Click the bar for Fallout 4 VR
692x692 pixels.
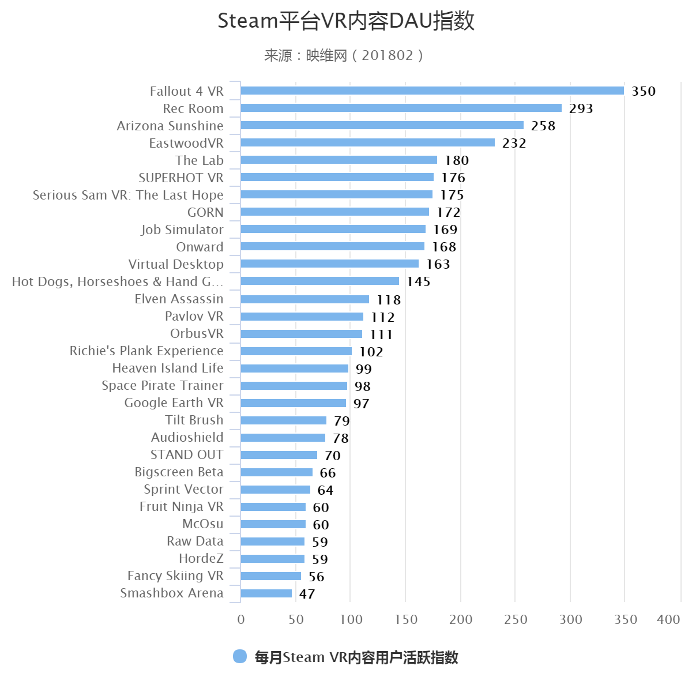432,91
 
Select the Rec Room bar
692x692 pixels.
401,108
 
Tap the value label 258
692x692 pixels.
543,126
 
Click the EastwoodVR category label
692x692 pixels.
186,143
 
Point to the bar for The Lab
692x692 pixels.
339,160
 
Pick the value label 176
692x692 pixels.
453,178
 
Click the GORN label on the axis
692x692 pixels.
205,212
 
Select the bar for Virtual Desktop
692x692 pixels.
329,264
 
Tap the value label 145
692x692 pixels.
418,281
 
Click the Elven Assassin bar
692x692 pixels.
304,299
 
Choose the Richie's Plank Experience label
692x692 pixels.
146,351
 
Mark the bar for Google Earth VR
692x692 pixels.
293,403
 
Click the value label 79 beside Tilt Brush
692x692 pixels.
341,421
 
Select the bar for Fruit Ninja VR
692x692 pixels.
273,507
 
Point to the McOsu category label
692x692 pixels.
202,524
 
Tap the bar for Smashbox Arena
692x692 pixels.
266,593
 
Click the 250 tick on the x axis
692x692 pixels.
516,619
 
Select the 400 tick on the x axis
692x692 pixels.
668,619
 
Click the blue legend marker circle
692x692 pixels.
240,656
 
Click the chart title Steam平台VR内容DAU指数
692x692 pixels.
346,21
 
